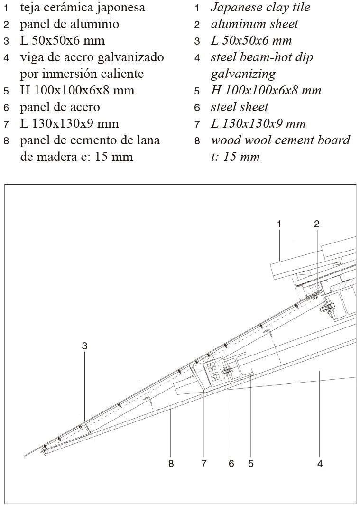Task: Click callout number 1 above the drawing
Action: click(x=279, y=224)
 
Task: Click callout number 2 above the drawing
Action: click(x=316, y=224)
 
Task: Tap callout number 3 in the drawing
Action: click(x=84, y=346)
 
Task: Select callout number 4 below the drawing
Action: click(x=320, y=463)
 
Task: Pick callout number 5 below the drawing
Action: click(x=251, y=463)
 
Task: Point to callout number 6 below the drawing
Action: click(x=231, y=463)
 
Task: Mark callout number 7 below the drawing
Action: click(x=203, y=463)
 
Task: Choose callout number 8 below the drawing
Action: click(x=171, y=463)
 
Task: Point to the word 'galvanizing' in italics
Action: click(x=243, y=75)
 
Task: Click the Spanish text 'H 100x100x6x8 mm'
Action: click(x=77, y=91)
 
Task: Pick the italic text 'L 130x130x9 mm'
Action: click(x=258, y=124)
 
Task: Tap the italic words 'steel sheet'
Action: click(x=240, y=107)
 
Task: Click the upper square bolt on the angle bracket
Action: click(x=212, y=366)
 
